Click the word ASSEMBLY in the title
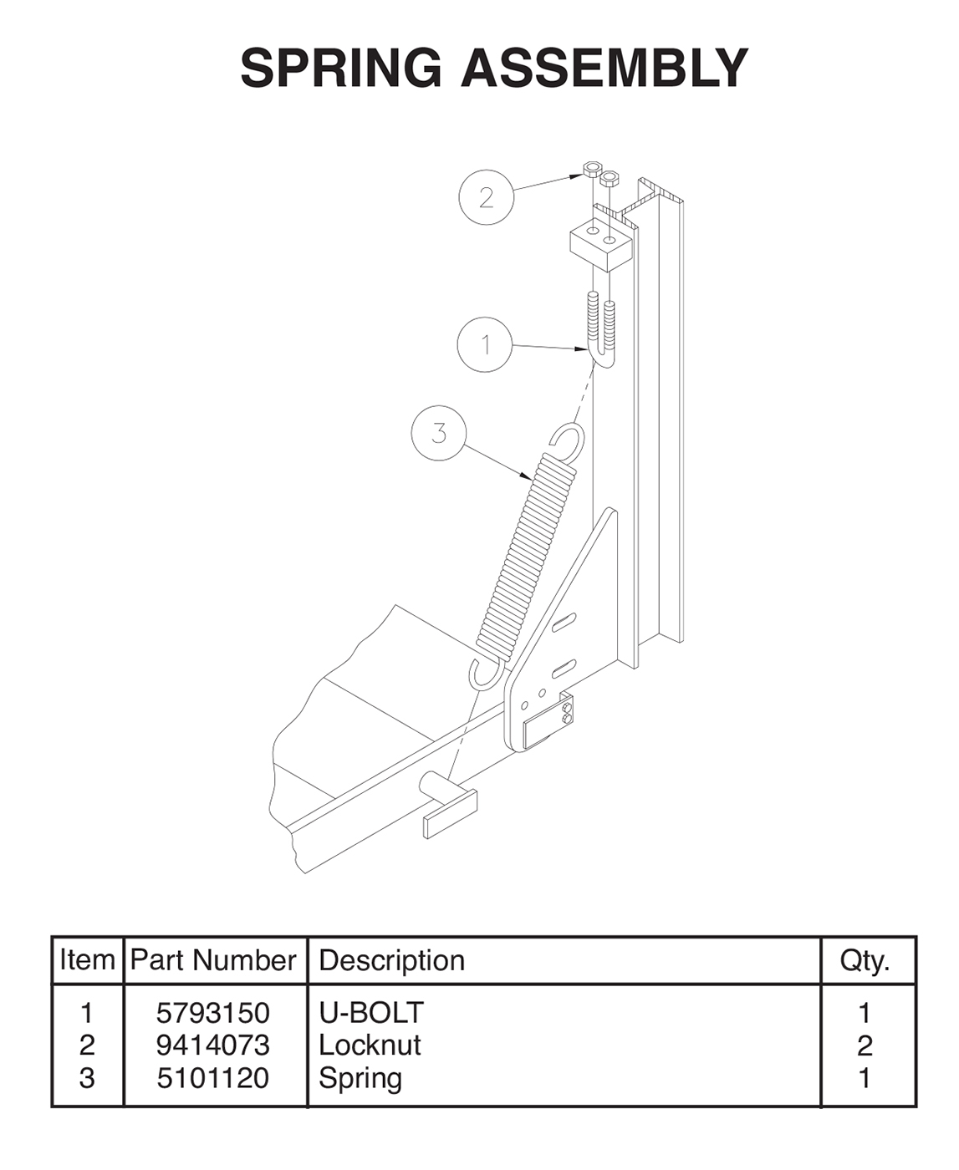pyautogui.click(x=604, y=68)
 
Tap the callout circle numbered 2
pyautogui.click(x=486, y=197)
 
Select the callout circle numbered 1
pyautogui.click(x=485, y=344)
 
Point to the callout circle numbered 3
pyautogui.click(x=439, y=433)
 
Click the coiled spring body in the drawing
pyautogui.click(x=527, y=552)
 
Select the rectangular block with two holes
pyautogui.click(x=599, y=243)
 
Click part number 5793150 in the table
pyautogui.click(x=213, y=1013)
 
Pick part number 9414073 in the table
pyautogui.click(x=213, y=1045)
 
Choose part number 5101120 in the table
pyautogui.click(x=213, y=1078)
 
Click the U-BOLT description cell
pyautogui.click(x=371, y=1013)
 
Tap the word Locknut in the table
pyautogui.click(x=370, y=1045)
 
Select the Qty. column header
pyautogui.click(x=865, y=961)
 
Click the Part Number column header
pyautogui.click(x=213, y=961)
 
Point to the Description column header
pyautogui.click(x=391, y=961)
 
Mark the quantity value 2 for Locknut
pyautogui.click(x=865, y=1045)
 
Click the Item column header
pyautogui.click(x=87, y=961)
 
